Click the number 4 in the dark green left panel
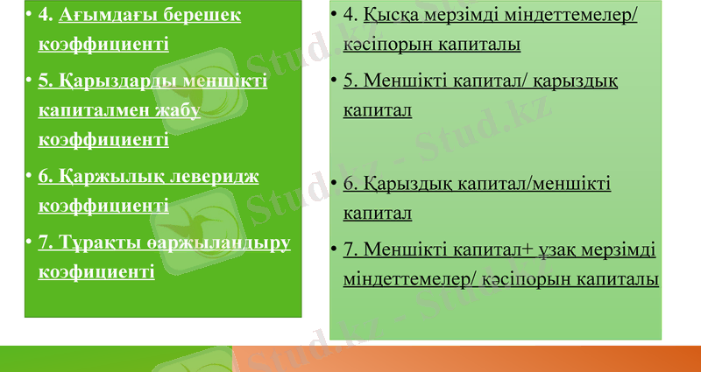[44, 15]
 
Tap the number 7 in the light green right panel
[349, 249]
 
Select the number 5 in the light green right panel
[349, 81]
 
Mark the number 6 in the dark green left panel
[44, 176]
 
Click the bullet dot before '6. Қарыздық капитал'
[336, 184]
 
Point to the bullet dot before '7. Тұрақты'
[30, 242]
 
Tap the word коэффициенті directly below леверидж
[103, 205]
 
